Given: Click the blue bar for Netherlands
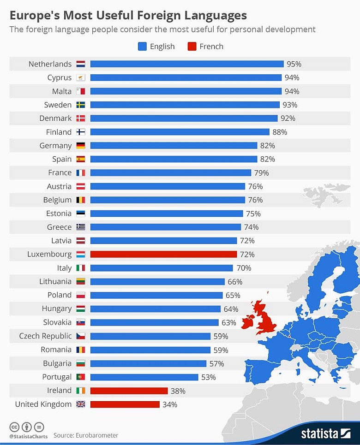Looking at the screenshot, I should pos(187,64).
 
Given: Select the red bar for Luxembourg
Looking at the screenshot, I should pos(163,254).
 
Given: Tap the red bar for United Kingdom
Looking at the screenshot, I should pos(125,404).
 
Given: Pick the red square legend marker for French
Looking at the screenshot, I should pos(192,46).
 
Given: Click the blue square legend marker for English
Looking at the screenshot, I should pos(142,46).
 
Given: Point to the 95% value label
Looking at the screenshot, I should pos(294,64).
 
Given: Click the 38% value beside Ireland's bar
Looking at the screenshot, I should pos(178,391).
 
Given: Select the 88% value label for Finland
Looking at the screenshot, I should pos(280,132).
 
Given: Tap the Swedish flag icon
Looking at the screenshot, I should pos(81,105).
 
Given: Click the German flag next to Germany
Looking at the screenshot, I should pos(81,146).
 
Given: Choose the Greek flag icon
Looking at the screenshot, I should pos(81,227).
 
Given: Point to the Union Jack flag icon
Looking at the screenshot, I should pos(81,404).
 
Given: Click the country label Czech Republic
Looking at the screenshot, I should pos(45,336).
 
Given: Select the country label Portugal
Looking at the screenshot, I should pos(57,377).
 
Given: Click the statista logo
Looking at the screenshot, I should pos(325,433).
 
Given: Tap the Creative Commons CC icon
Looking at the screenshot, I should pos(14,427).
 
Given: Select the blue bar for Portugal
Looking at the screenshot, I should pos(144,377).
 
